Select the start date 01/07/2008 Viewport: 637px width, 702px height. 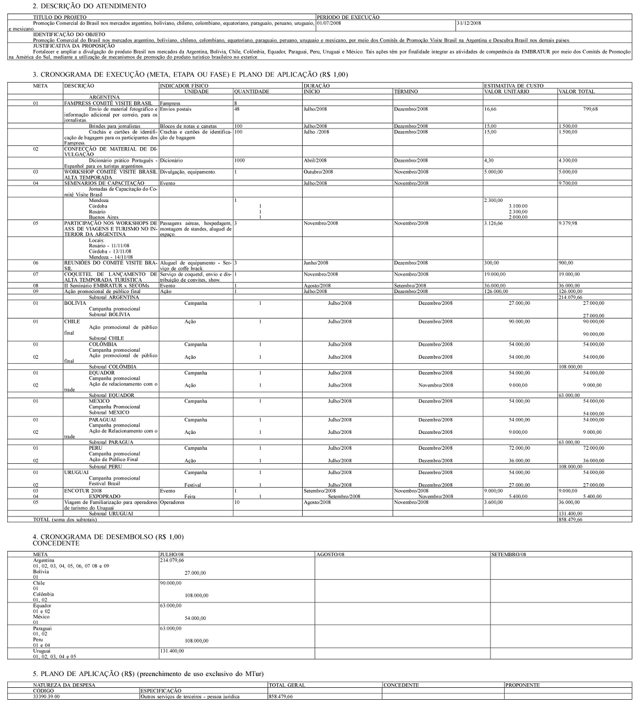coord(329,23)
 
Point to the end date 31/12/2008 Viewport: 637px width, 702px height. coord(469,23)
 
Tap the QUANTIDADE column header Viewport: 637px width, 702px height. coord(252,92)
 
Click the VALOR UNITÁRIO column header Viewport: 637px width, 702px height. coord(507,92)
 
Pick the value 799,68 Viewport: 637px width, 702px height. coord(590,109)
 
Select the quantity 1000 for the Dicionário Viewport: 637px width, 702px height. coord(240,161)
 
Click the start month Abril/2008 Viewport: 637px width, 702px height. coord(315,161)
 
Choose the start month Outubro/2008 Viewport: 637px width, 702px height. coord(318,172)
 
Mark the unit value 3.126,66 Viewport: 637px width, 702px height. coord(493,223)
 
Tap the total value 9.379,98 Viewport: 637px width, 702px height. coord(567,223)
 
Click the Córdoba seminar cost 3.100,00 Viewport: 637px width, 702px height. coord(518,206)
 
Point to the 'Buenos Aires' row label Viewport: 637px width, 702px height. coord(104,217)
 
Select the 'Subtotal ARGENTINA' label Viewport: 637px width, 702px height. coord(114,297)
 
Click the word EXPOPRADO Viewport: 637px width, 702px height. coord(104,496)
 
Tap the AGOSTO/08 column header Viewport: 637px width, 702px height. coord(330,554)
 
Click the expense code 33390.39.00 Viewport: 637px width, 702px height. coord(46,696)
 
